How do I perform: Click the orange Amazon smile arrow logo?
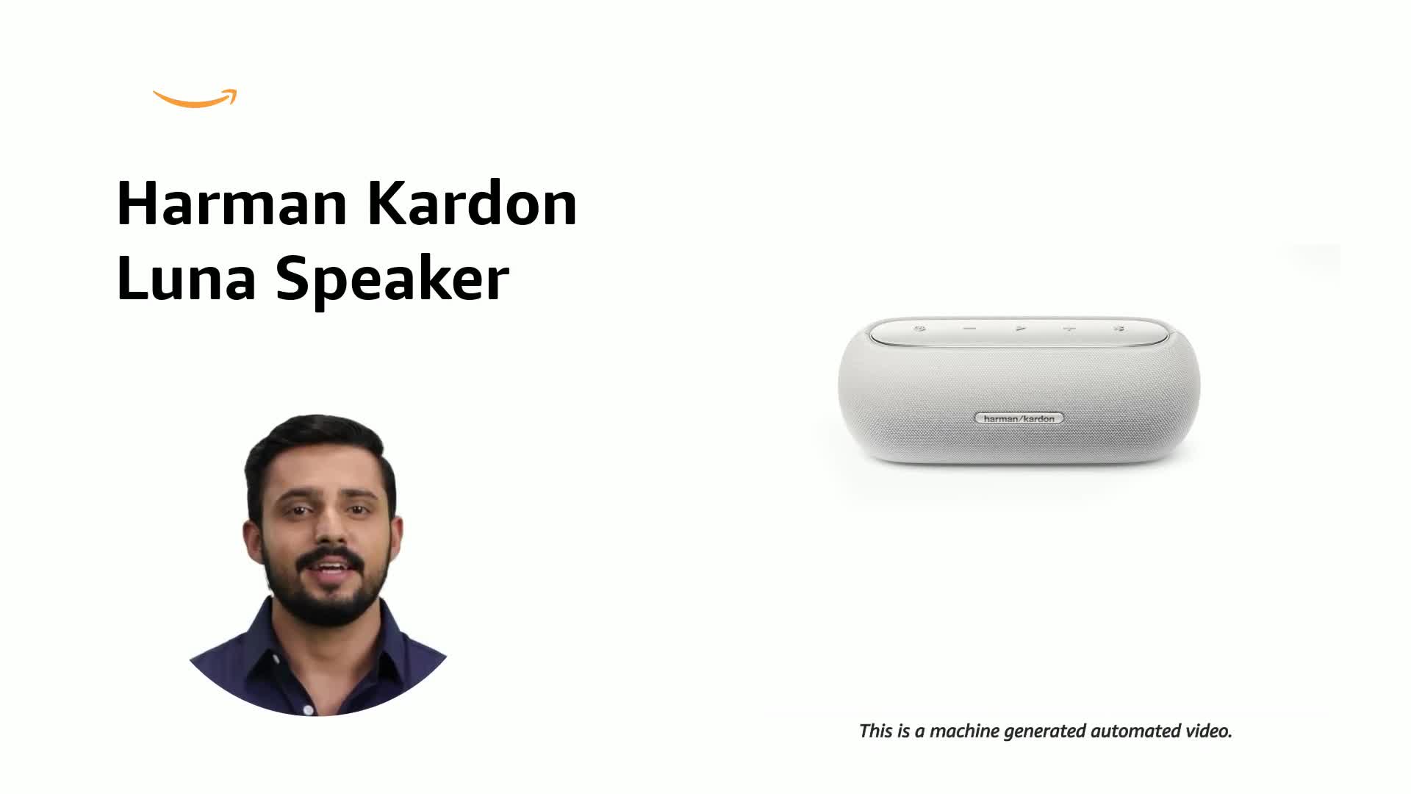195,99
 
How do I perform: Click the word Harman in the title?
231,204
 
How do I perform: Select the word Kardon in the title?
472,204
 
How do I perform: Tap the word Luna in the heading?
186,279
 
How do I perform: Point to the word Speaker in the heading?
392,280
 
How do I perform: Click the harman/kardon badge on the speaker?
1019,418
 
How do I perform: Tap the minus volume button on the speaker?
969,329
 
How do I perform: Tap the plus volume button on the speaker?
1069,329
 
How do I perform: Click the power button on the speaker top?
919,329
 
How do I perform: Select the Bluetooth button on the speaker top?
1119,329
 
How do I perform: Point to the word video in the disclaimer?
1208,732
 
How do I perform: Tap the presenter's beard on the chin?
334,603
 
